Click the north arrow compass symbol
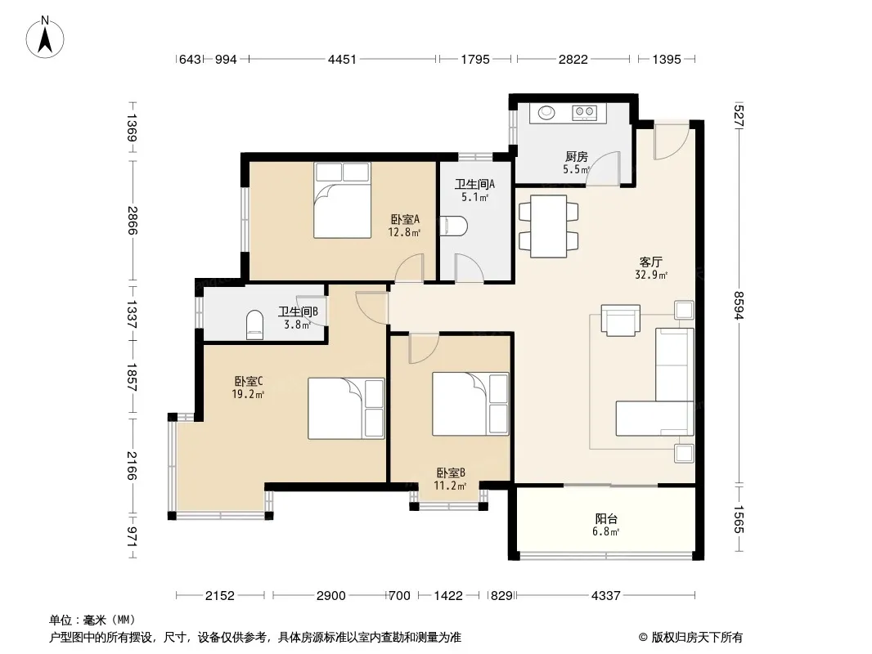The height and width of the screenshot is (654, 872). (x=45, y=38)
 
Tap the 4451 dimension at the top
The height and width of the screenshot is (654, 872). (x=341, y=59)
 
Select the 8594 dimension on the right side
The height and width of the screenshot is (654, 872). (x=739, y=305)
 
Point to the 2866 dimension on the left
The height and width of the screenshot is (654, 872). (x=132, y=220)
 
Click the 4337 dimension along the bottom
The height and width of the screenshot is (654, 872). (x=605, y=596)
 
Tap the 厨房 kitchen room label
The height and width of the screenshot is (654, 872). (x=576, y=157)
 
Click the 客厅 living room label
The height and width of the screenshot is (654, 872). (x=650, y=262)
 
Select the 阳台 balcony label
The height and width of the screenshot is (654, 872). (x=606, y=519)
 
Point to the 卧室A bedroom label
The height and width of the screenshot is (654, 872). (x=405, y=219)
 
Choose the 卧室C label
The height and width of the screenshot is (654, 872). (x=248, y=381)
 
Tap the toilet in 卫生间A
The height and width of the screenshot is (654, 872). (x=454, y=226)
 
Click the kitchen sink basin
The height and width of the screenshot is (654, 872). (x=546, y=113)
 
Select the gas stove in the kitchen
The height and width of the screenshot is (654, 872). (x=585, y=113)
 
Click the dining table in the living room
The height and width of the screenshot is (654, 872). (x=548, y=226)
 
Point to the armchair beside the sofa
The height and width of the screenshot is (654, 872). (x=621, y=320)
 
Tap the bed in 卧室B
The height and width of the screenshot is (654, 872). (x=470, y=404)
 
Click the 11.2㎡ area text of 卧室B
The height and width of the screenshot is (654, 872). (x=450, y=486)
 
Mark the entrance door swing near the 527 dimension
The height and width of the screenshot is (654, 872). (x=672, y=141)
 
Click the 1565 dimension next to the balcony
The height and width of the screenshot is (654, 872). (x=739, y=519)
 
